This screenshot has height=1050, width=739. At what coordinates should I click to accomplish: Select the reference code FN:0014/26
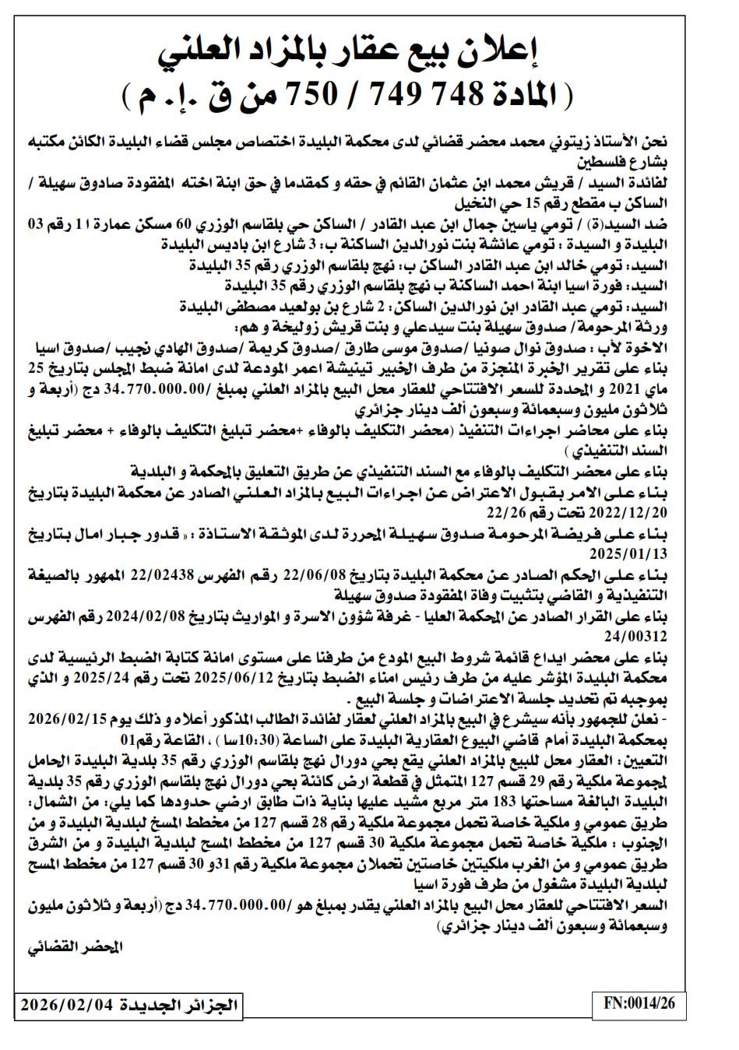[638, 1004]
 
